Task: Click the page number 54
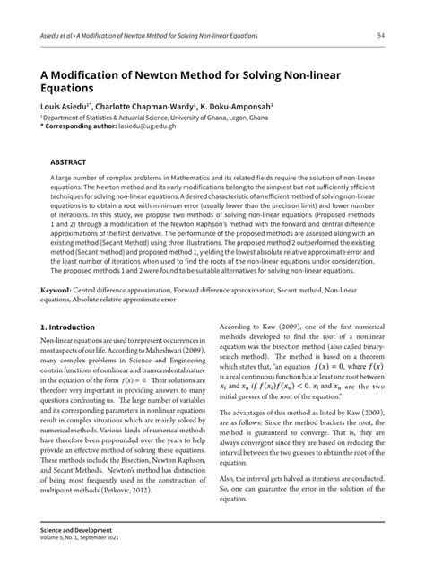coord(381,35)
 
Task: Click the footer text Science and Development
coord(78,536)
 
